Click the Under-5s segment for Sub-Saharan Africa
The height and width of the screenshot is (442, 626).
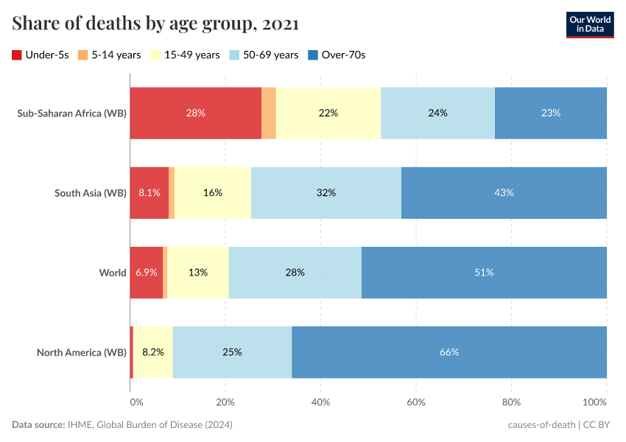tap(196, 113)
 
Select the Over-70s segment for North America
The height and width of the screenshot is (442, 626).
tap(449, 352)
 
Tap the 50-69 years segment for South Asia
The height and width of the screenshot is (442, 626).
tap(326, 192)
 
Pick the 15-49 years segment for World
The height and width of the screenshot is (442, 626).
tap(197, 272)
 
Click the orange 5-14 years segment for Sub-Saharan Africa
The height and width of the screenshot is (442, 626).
tap(269, 113)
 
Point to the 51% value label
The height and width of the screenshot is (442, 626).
tap(484, 272)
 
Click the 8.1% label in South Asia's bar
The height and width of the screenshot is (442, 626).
tap(149, 192)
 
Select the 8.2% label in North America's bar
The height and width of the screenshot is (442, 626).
tap(153, 352)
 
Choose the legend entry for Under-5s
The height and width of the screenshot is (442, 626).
tap(41, 55)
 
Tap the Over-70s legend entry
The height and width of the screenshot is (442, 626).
tap(336, 55)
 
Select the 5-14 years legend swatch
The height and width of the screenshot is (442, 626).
tap(83, 55)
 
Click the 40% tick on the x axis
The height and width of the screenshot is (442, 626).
tap(320, 402)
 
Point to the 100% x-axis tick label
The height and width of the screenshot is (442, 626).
tap(595, 402)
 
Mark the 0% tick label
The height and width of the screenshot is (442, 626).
tap(136, 402)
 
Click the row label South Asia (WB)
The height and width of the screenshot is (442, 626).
tap(91, 193)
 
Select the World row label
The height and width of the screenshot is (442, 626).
tap(113, 273)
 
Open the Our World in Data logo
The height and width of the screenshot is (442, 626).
tap(589, 24)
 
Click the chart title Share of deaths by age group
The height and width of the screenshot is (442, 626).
tap(155, 24)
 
